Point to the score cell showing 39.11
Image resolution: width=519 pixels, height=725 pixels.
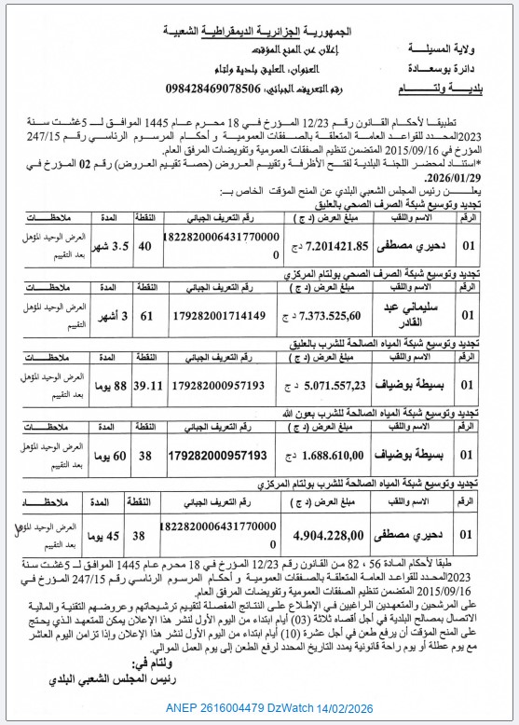point(146,384)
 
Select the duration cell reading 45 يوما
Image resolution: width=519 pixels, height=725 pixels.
point(100,537)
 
